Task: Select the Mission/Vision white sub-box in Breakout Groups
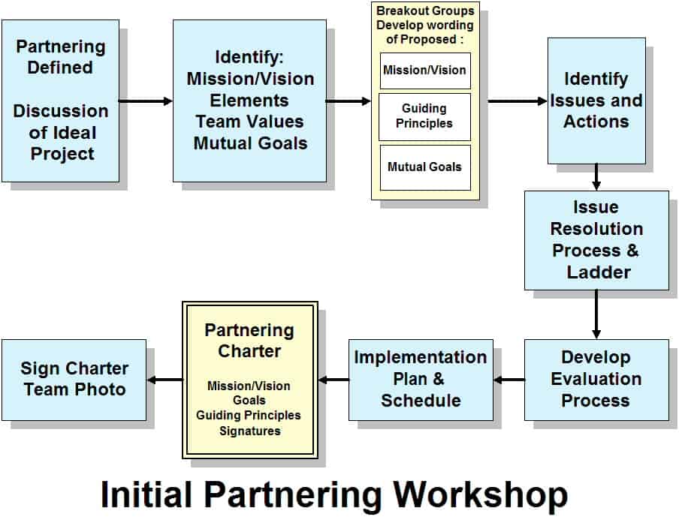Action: [425, 71]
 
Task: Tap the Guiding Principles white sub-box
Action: [425, 117]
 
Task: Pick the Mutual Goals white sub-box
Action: [425, 167]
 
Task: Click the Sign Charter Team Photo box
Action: [74, 380]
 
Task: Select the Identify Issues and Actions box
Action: [596, 101]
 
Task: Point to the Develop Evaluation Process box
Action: [596, 380]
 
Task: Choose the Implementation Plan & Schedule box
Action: [421, 380]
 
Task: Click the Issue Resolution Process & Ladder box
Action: [596, 241]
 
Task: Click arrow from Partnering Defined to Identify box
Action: [146, 101]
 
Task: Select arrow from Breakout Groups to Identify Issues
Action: [518, 101]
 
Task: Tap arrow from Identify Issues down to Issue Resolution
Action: [596, 177]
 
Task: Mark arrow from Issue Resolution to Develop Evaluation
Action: [596, 314]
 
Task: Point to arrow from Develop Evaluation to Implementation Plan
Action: [508, 380]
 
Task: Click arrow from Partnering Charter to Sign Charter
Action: [165, 380]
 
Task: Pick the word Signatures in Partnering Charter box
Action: [250, 431]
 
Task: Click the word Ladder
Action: [599, 272]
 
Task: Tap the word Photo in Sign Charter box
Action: [100, 389]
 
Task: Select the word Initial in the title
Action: [146, 494]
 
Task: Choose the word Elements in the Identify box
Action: [249, 101]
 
